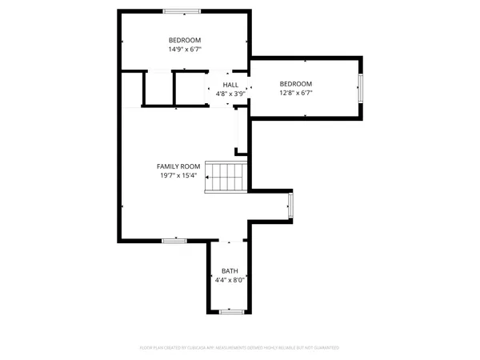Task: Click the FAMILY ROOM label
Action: [178, 166]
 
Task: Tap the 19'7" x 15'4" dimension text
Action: [178, 175]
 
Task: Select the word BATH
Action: [230, 271]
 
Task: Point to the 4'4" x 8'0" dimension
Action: [230, 280]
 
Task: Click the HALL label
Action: [230, 85]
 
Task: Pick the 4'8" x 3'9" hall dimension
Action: [230, 94]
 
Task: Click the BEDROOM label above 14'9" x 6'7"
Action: [184, 40]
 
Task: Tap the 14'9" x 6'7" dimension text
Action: [184, 49]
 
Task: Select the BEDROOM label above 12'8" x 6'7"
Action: [295, 84]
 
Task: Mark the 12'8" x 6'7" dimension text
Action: [295, 93]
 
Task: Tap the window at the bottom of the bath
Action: [231, 310]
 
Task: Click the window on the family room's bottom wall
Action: [174, 239]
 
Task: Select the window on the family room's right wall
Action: [291, 205]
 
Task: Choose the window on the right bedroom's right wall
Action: [360, 87]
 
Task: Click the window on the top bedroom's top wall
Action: [182, 11]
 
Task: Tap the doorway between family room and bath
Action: [230, 240]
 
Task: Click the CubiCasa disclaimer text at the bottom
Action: [240, 348]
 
